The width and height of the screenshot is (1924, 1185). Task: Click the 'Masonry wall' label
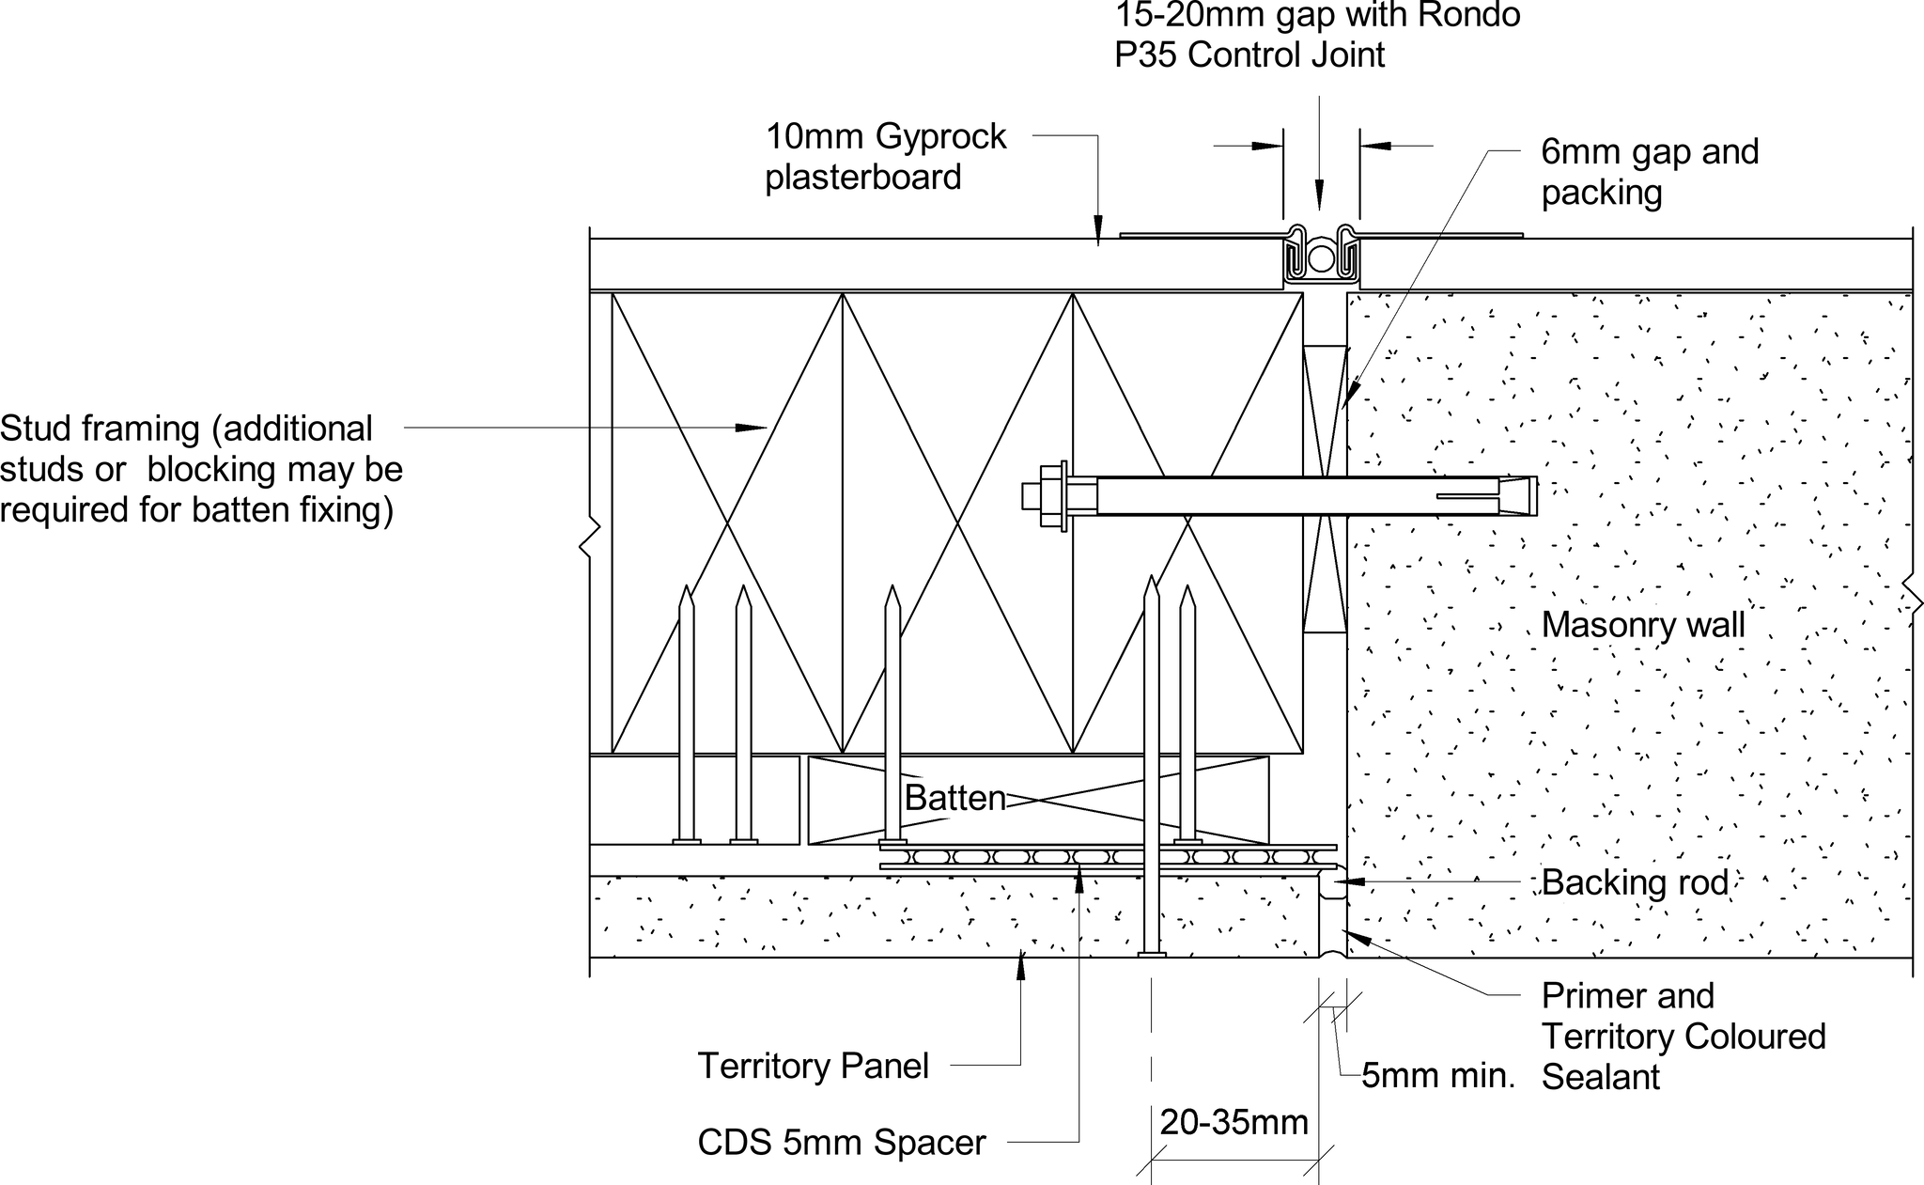tap(1643, 626)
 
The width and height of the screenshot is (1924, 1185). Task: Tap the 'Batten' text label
tap(954, 799)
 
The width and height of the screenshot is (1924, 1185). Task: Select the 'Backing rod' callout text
tap(1635, 883)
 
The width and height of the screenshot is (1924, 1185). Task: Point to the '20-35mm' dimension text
tap(1234, 1123)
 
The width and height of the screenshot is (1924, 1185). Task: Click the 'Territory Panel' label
tap(813, 1067)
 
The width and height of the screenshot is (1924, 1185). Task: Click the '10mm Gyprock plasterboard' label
tap(885, 157)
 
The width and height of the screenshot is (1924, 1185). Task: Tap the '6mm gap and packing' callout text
tap(1650, 172)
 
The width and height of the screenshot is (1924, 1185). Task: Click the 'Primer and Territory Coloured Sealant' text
tap(1683, 1037)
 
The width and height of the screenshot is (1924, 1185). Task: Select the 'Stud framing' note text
tap(201, 469)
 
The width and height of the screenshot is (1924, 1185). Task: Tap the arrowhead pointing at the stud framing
tap(756, 428)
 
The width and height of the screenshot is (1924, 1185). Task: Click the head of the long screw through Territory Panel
tap(1152, 955)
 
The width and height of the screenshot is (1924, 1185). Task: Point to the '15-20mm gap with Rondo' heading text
tap(1317, 15)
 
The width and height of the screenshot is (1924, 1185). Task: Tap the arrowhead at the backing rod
tap(1343, 881)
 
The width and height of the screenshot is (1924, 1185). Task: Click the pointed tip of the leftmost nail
tap(687, 591)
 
